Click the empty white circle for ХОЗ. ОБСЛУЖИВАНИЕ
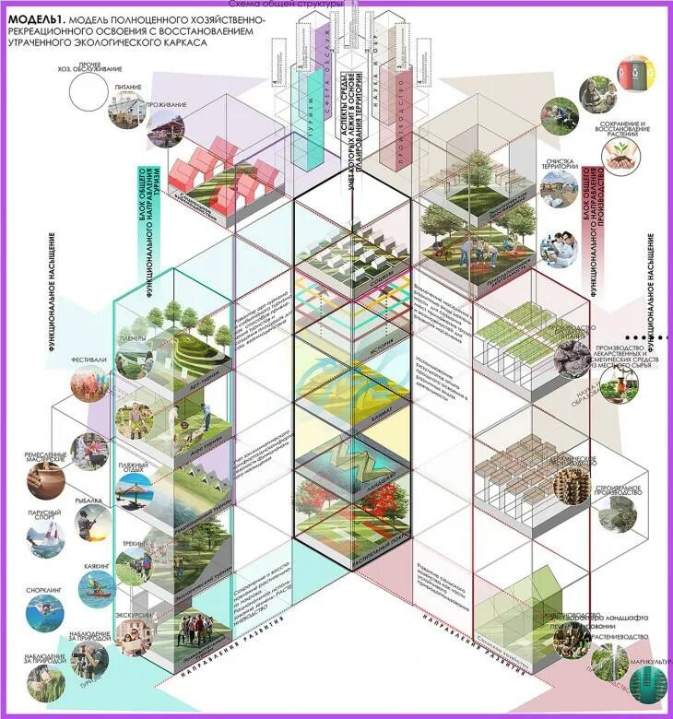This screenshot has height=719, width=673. [89, 92]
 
